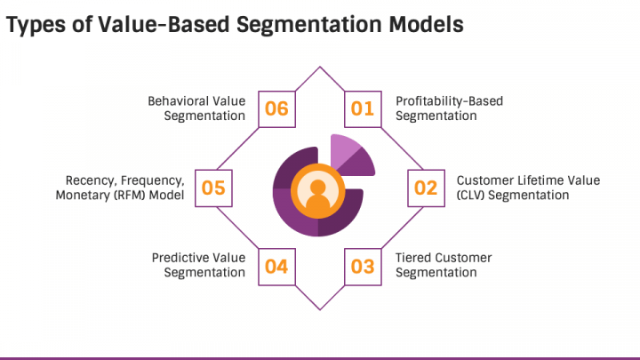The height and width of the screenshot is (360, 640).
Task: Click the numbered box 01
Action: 363,109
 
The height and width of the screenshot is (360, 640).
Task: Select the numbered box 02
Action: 426,188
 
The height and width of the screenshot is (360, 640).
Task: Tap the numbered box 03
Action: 363,267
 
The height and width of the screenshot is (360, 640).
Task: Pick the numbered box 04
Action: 276,267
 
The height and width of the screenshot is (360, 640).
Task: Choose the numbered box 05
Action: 213,188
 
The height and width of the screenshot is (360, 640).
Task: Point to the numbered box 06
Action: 276,109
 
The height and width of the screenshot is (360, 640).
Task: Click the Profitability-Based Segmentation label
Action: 449,108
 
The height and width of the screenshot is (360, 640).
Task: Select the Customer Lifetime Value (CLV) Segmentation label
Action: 528,188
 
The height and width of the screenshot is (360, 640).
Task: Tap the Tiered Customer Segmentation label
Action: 444,265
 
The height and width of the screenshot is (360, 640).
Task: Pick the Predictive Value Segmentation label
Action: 199,265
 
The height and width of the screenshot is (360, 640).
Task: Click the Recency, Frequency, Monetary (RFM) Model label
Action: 120,188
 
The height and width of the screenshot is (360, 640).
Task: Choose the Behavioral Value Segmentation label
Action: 196,108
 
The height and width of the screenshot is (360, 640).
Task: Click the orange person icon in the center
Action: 317,191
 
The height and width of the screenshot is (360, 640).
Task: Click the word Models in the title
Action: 426,24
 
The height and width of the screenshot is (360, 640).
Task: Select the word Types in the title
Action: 36,25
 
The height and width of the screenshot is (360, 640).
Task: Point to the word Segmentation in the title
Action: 308,25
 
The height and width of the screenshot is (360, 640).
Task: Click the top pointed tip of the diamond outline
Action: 320,67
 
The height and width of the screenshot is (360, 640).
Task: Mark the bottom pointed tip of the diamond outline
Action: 320,309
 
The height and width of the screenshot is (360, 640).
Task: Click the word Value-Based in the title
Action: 164,24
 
